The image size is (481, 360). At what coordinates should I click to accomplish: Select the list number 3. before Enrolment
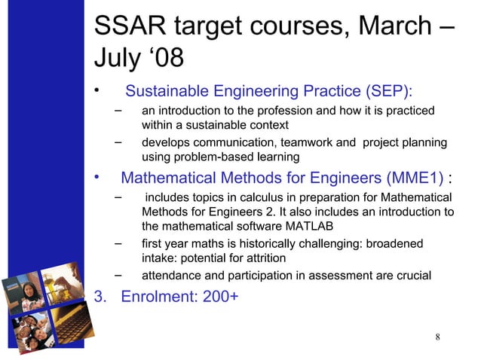point(99,296)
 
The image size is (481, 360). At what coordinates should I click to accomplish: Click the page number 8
point(439,335)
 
